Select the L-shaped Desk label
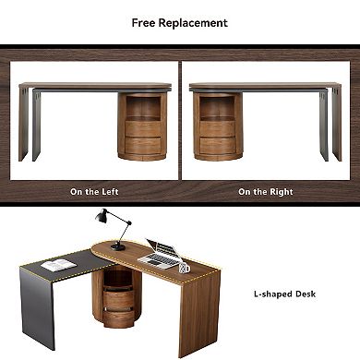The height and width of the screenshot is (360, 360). coord(284,294)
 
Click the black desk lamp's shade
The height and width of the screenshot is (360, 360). coord(101,217)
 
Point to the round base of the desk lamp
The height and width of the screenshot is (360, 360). coord(118,246)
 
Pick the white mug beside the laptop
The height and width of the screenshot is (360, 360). coord(184,268)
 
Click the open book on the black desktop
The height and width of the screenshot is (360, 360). coord(59,265)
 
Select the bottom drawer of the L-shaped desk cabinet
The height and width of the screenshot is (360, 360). coord(118,318)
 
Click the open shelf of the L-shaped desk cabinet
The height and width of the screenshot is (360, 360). coord(116,279)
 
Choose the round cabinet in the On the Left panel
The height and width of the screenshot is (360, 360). coord(142,126)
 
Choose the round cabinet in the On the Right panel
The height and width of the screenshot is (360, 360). coord(218,126)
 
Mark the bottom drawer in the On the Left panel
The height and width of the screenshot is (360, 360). coord(142,146)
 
